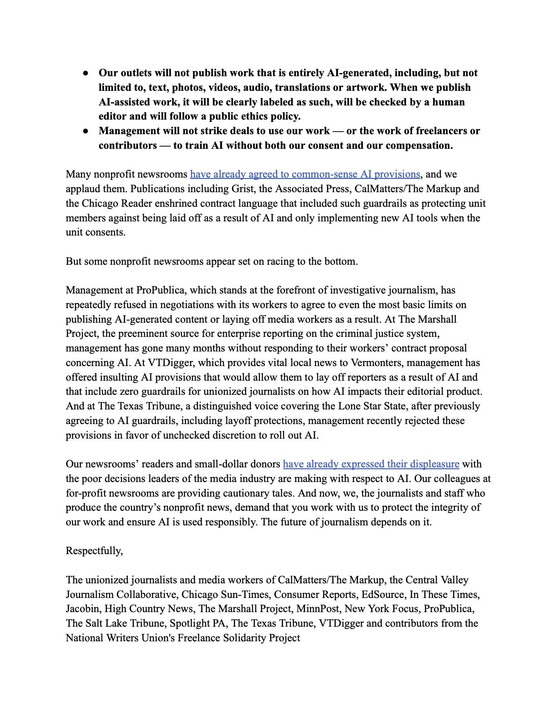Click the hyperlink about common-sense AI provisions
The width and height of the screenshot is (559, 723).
coord(305,174)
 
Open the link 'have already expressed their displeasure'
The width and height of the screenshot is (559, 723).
coord(371,464)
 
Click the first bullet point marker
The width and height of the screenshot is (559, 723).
coord(86,73)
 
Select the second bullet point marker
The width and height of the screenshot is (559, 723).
coord(86,131)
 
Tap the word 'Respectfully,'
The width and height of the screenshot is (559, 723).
coord(94,551)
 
